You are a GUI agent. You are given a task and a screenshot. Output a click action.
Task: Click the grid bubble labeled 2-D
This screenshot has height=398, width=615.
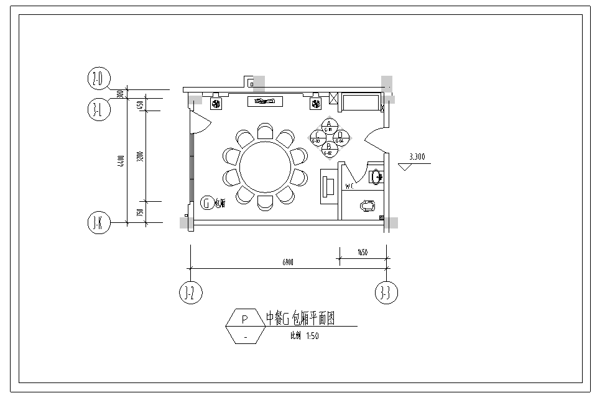point(98,79)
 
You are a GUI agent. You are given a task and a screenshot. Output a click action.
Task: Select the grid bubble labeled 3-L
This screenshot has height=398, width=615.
point(98,109)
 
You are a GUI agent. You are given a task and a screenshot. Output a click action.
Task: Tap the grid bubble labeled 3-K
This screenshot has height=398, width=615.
point(98,224)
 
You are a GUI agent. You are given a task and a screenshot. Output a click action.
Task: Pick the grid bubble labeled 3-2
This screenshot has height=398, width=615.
point(190,292)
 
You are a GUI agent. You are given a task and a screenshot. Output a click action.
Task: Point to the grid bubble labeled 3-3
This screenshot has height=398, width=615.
point(387,292)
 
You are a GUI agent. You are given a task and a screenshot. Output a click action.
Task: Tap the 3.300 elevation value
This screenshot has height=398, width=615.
point(417,157)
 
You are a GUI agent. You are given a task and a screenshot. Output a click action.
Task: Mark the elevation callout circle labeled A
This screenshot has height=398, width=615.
point(328,125)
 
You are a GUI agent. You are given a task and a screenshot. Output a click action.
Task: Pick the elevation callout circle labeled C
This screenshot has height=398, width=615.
point(317,137)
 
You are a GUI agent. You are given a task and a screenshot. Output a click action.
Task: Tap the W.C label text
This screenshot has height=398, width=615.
point(349,186)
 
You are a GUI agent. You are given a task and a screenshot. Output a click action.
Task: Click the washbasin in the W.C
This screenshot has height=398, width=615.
point(376,177)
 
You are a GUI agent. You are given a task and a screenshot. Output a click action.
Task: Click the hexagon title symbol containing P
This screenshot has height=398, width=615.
point(245,327)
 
